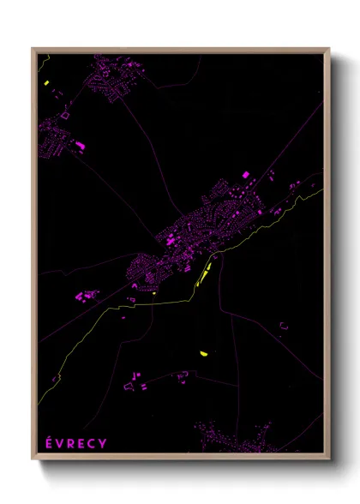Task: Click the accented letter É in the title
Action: click(x=48, y=442)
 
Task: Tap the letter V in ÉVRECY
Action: click(x=60, y=443)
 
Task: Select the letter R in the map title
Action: click(x=72, y=443)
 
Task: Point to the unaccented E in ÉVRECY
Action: click(x=82, y=443)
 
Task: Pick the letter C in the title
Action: click(x=93, y=443)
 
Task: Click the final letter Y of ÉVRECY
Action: click(x=104, y=443)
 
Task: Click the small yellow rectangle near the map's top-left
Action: click(x=48, y=84)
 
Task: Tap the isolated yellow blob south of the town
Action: click(x=203, y=353)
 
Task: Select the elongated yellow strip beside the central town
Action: click(x=204, y=273)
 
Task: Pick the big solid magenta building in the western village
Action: click(x=82, y=148)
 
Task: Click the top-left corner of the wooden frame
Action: click(x=33, y=49)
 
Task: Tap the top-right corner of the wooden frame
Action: click(x=328, y=49)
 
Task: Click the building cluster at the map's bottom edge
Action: click(x=244, y=442)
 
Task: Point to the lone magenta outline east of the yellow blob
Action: click(x=284, y=325)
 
